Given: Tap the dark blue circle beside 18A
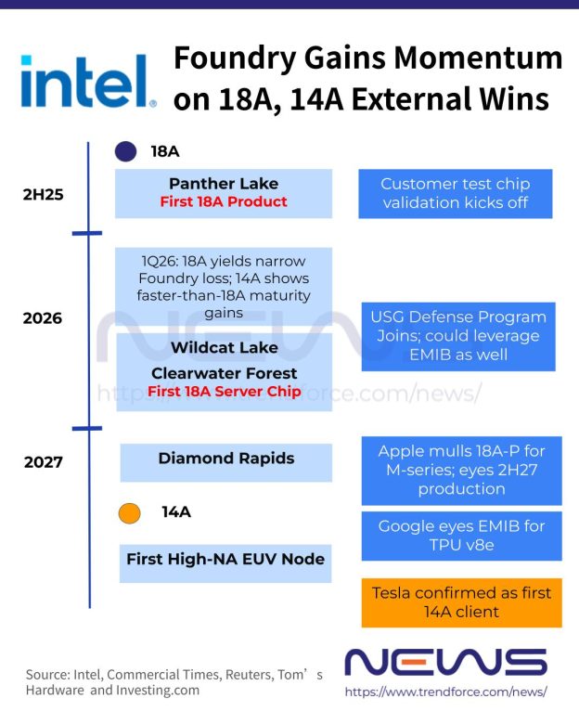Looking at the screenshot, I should [x=126, y=151].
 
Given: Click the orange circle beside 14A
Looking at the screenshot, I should [x=130, y=512].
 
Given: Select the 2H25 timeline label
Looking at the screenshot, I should [x=43, y=195].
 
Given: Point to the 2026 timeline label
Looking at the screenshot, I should [x=43, y=318].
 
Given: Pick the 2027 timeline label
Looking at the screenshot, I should [x=43, y=461].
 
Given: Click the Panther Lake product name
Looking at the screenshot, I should [x=224, y=184].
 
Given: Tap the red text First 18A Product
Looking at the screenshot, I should [x=224, y=201].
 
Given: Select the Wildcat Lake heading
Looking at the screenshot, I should [x=224, y=348].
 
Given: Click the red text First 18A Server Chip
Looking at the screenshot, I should [x=224, y=392].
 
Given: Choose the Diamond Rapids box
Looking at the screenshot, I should [x=226, y=459].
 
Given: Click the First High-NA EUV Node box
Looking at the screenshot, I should [x=225, y=559].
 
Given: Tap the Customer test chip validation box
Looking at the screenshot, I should [x=455, y=193].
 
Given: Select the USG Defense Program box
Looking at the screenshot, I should [x=458, y=336].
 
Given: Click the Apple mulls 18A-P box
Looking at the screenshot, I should [x=461, y=470].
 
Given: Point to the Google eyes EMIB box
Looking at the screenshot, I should [x=461, y=536].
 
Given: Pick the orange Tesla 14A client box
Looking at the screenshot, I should [x=461, y=601].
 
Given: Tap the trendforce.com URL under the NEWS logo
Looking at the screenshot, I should [x=445, y=692].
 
